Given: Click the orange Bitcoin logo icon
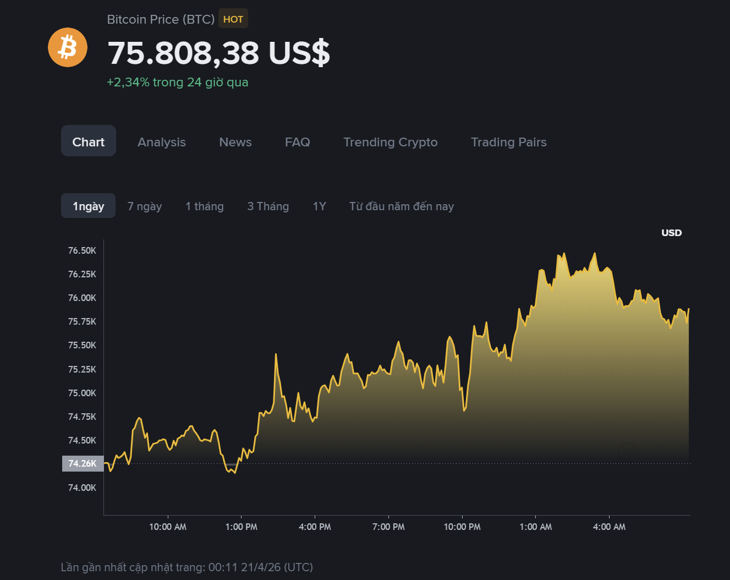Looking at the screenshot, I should pos(68,47).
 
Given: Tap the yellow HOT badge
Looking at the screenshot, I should pos(233,19).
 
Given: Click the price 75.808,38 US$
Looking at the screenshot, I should pos(219,53).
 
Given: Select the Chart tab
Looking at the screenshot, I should pos(89,142).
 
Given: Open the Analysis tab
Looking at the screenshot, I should pos(162,142).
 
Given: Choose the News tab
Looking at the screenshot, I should pos(235,142).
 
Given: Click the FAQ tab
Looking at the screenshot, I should pos(298,142).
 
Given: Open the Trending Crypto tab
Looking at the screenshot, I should pos(391,142).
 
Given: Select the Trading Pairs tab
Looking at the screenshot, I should pos(509,142).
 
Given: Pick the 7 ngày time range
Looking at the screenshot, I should pos(145,206).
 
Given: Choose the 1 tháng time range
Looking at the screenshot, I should pos(205,206).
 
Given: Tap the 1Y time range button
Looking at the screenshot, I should pos(320,206).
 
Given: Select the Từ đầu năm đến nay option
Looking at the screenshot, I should pos(402,206).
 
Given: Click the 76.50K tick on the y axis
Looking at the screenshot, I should pos(82,251).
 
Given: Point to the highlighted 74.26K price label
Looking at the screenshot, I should pos(83,463).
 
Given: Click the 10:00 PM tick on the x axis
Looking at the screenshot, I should pos(462,527).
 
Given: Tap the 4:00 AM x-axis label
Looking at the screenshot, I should pos(609,527).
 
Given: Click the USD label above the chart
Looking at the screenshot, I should pos(671,233).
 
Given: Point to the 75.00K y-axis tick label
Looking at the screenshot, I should pos(82,393).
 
